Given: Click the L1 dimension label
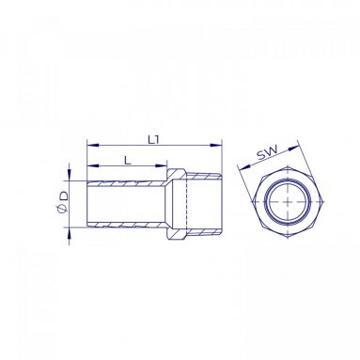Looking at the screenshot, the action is pyautogui.click(x=153, y=140).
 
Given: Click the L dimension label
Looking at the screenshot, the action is pyautogui.click(x=127, y=161).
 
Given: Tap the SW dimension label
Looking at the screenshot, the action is pyautogui.click(x=267, y=152).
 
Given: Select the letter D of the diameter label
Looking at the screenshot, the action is pyautogui.click(x=64, y=196).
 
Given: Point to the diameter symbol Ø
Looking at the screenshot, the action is pyautogui.click(x=62, y=209).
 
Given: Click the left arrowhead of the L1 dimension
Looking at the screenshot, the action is pyautogui.click(x=93, y=145).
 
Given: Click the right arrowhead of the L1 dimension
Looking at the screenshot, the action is pyautogui.click(x=216, y=145).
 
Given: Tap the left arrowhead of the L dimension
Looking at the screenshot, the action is pyautogui.click(x=93, y=165).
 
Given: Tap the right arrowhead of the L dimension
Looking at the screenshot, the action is pyautogui.click(x=161, y=165).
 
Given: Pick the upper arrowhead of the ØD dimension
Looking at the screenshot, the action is pyautogui.click(x=69, y=175).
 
